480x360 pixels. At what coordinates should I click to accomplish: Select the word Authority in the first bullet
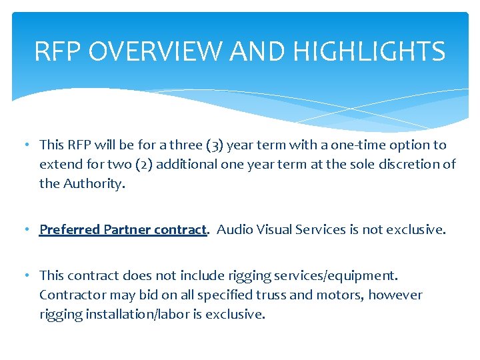[93, 183]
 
